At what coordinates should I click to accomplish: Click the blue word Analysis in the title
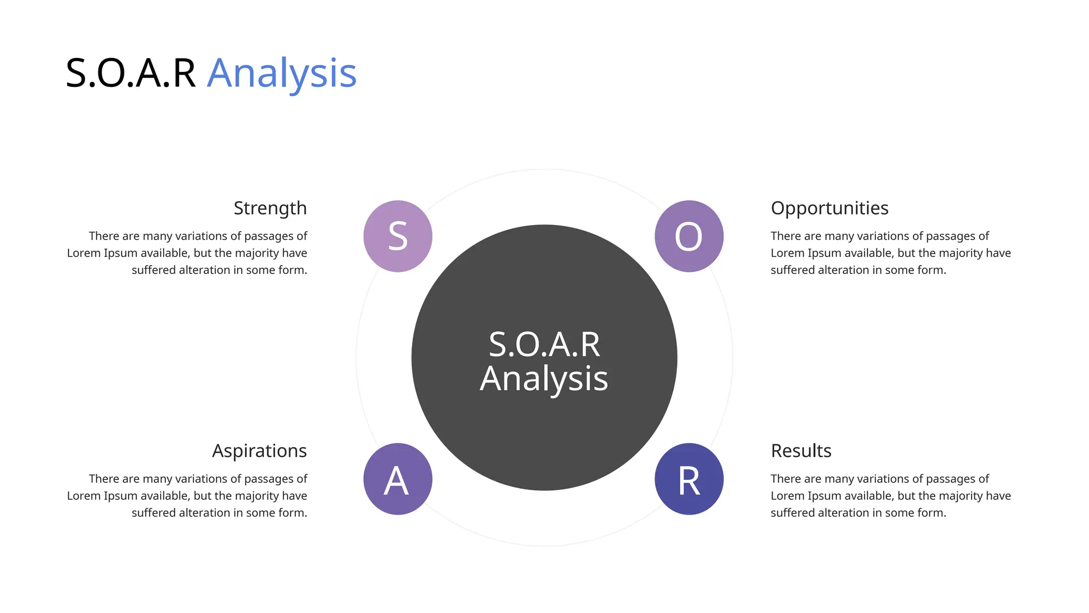(x=281, y=73)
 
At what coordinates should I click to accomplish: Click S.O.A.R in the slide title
(x=130, y=73)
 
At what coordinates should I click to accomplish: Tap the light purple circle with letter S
(x=398, y=236)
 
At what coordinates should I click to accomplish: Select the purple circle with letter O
(x=689, y=236)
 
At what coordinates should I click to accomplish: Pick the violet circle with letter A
(x=398, y=479)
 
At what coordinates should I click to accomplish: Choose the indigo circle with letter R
(x=689, y=479)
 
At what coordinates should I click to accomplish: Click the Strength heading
(x=270, y=208)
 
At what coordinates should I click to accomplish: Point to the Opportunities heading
(x=830, y=208)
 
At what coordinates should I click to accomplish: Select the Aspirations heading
(x=259, y=451)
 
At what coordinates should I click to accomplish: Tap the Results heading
(x=801, y=451)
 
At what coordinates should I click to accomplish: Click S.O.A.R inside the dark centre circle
(x=544, y=344)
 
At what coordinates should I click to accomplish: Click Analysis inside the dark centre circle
(x=544, y=379)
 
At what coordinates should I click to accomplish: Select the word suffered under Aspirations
(x=153, y=512)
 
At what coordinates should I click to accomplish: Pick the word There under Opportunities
(x=785, y=236)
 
